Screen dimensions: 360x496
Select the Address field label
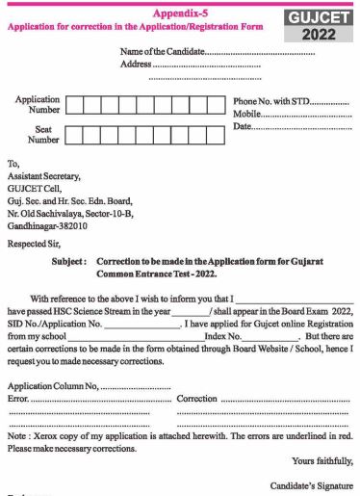pyautogui.click(x=137, y=65)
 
